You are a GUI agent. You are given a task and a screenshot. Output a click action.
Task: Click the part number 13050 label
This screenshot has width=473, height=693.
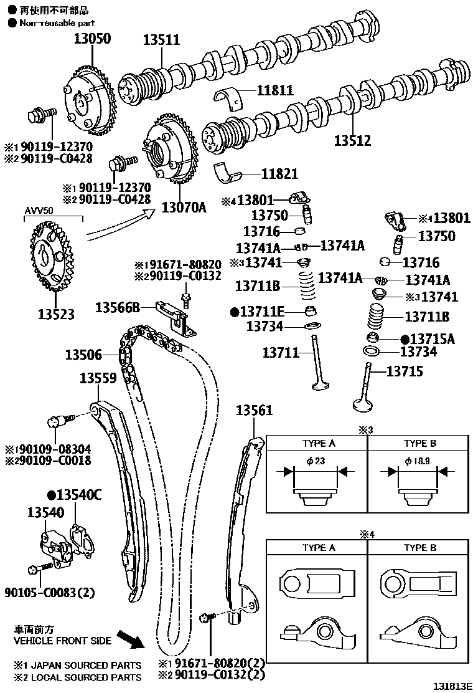(93, 39)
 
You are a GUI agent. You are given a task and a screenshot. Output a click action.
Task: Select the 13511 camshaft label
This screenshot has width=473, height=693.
(161, 40)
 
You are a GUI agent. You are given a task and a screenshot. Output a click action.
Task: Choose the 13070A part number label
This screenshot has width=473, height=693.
(184, 206)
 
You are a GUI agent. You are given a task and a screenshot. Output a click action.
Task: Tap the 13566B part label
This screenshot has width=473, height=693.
(118, 307)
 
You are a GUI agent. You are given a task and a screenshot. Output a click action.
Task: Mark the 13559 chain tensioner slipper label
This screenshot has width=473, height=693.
(98, 378)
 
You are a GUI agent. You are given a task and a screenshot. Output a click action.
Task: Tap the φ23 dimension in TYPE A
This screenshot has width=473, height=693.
(316, 461)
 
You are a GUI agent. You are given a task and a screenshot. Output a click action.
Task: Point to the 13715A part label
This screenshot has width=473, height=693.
(428, 339)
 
